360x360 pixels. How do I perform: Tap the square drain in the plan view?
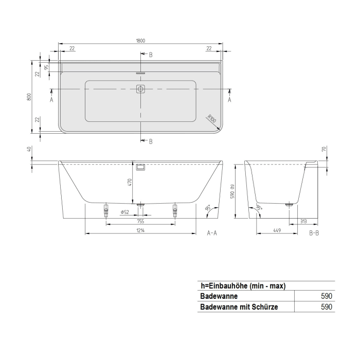pos(140,89)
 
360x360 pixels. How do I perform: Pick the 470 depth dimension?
pos(130,182)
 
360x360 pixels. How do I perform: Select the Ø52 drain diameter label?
pos(124,212)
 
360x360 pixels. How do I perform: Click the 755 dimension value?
pos(140,221)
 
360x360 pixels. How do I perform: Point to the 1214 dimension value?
pos(140,231)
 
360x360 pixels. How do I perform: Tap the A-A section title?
pos(212,233)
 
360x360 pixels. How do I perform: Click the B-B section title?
pos(315,233)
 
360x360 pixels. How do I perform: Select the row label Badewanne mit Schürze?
pos(238,307)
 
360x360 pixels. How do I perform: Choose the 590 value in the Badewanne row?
pos(327,296)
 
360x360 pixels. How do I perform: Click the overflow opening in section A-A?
pos(140,167)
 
